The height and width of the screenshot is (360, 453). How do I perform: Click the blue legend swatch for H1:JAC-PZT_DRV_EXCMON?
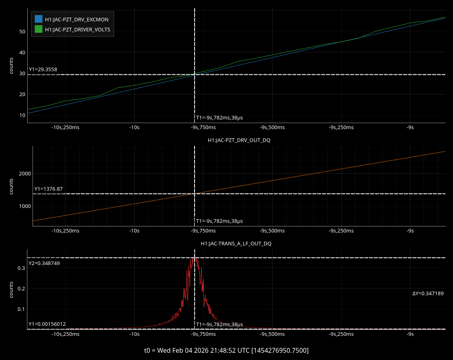[39, 19]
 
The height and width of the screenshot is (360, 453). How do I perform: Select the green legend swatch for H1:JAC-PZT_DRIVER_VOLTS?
[39, 29]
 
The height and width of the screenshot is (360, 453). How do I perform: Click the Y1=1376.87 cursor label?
[49, 189]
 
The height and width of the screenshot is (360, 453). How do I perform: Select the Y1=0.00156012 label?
[47, 324]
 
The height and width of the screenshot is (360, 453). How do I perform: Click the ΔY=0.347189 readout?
[428, 294]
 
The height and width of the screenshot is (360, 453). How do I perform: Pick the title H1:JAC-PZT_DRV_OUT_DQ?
[239, 140]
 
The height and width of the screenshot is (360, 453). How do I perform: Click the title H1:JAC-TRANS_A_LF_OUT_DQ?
[239, 244]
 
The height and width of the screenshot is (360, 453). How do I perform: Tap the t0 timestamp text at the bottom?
[226, 350]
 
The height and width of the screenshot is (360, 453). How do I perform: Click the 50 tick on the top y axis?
[22, 31]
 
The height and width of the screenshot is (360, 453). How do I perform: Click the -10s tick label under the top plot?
[134, 128]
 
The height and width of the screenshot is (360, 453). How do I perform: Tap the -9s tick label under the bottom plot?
[410, 334]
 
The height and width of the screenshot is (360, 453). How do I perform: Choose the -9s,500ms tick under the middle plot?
[272, 231]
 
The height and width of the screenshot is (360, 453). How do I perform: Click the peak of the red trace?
[194, 258]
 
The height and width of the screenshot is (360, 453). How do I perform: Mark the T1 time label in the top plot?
[219, 118]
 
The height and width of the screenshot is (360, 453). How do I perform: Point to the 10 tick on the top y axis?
[22, 115]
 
